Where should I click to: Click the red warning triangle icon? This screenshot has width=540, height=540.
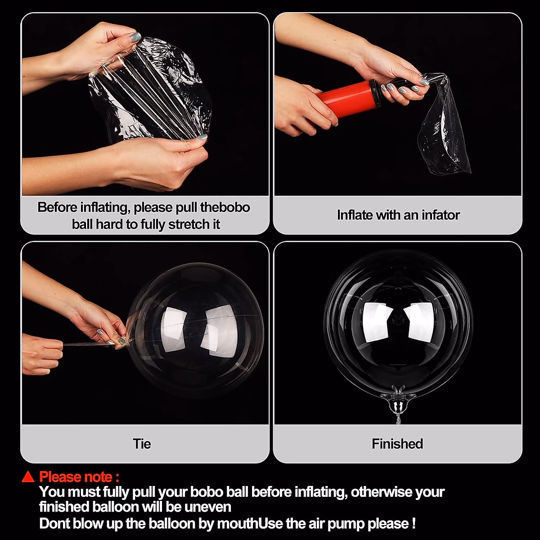(28, 477)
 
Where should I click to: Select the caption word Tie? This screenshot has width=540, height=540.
(142, 444)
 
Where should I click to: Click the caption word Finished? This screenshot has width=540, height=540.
(397, 444)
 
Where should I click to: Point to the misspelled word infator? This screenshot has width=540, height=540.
(441, 215)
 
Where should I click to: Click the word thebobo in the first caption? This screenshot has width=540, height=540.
(225, 207)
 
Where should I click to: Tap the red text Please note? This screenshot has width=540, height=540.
(79, 477)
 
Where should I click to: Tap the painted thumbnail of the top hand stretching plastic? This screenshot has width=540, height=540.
(135, 37)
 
